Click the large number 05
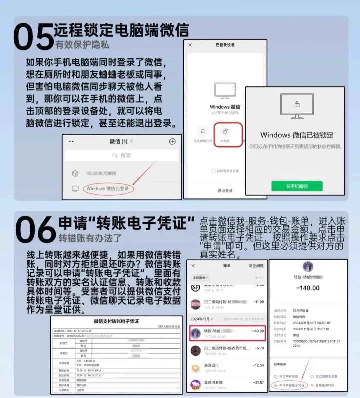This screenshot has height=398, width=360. [x=33, y=37]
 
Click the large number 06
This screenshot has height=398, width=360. [x=35, y=229]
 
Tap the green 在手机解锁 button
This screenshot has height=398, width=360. [x=297, y=186]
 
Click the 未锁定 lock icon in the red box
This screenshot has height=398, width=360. [x=226, y=131]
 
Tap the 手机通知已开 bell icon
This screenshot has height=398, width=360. [x=203, y=131]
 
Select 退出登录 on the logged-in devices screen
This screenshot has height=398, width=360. [x=225, y=191]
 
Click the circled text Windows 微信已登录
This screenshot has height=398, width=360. [x=107, y=189]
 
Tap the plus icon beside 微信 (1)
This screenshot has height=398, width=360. [x=172, y=141]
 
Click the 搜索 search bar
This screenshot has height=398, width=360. [x=122, y=155]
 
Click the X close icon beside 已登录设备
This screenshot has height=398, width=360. [x=190, y=45]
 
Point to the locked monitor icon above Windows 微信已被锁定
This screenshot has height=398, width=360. [x=297, y=106]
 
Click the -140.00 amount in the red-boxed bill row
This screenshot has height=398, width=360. [x=257, y=331]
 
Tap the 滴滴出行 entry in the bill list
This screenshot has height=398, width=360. [x=211, y=365]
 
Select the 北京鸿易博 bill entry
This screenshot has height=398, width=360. [x=213, y=382]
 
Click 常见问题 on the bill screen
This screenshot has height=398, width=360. [x=256, y=266]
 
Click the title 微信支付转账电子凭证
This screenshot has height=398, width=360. [x=116, y=321]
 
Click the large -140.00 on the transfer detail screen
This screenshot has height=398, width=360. [x=308, y=288]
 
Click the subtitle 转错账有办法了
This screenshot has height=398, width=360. [x=90, y=239]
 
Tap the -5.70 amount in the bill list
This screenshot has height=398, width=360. [x=259, y=348]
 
